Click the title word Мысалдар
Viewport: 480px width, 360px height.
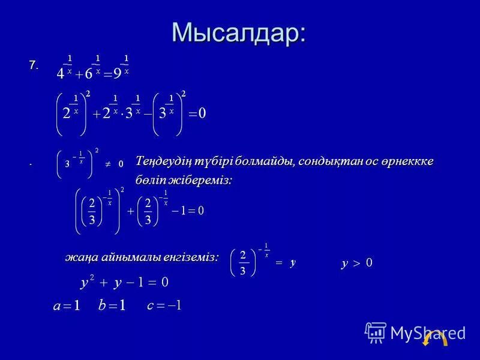point(238,31)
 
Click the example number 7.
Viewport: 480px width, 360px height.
point(34,65)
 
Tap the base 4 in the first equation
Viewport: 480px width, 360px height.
point(60,74)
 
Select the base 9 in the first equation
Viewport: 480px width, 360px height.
point(118,74)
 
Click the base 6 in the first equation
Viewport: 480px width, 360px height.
point(88,74)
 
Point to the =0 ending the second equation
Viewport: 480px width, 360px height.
point(197,114)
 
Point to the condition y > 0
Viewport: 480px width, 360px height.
point(357,263)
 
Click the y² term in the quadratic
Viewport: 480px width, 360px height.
point(87,281)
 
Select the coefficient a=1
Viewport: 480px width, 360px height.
point(67,306)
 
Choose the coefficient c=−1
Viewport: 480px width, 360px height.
point(164,305)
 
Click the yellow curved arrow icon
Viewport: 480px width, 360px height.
point(434,340)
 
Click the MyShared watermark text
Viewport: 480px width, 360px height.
point(420,332)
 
